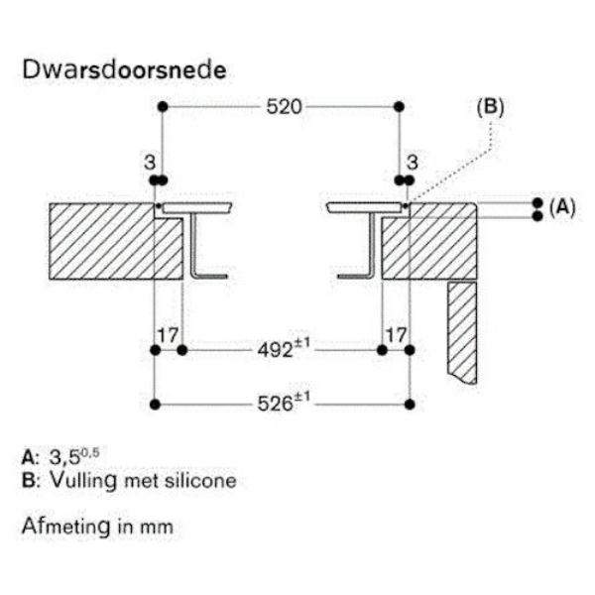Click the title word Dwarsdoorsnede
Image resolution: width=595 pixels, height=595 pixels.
point(123,71)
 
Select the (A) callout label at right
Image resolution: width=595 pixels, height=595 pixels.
point(562,207)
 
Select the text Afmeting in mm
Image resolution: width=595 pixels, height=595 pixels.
point(97,526)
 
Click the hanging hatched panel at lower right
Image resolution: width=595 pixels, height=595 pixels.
point(463,332)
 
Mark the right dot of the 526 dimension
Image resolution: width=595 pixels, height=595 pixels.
point(411,404)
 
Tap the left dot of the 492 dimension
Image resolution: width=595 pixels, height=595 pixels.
point(182,349)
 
